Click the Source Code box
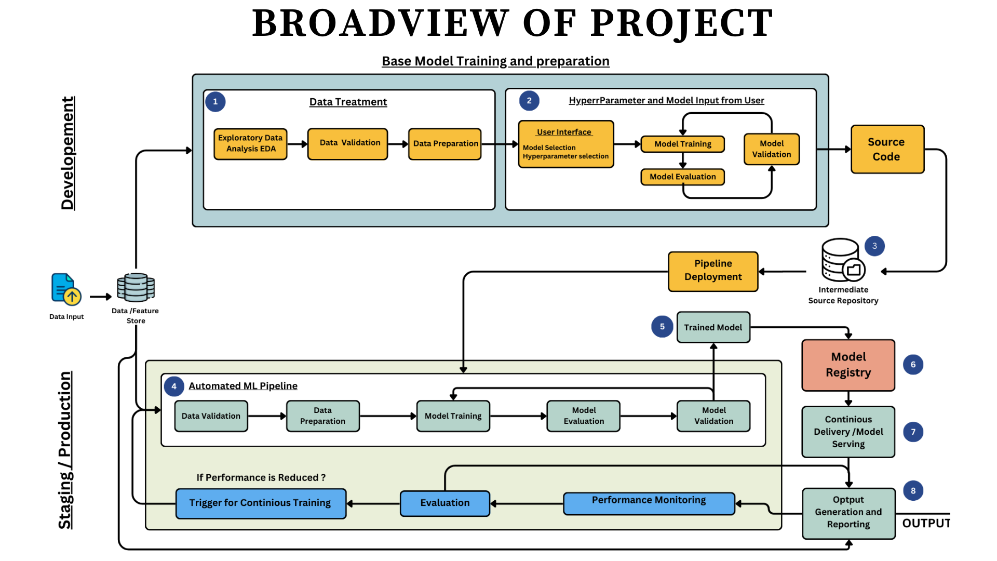pos(887,149)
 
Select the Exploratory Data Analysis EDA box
pos(250,143)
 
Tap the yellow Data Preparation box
pos(445,143)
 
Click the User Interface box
pos(565,144)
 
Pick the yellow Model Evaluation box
pos(682,177)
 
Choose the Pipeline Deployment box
pos(713,271)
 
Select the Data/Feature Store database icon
pos(136,287)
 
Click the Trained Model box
pos(713,327)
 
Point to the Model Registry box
pos(848,365)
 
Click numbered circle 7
pos(913,432)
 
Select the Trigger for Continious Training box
pos(261,503)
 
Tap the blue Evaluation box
pos(444,503)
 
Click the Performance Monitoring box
pos(649,502)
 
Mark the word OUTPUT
pos(925,523)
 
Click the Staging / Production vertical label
pos(65,450)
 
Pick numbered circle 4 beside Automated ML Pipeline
pos(174,386)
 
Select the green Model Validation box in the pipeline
pos(713,416)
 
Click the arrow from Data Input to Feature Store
pos(100,297)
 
